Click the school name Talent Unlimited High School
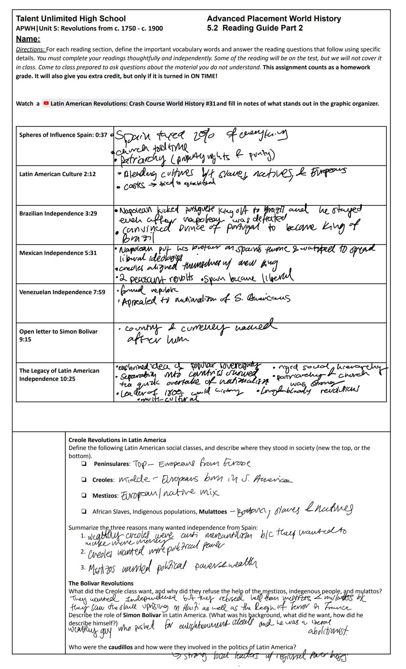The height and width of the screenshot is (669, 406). click(71, 19)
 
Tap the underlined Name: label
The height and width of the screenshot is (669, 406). click(28, 39)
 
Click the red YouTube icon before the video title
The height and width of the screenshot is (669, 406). click(46, 103)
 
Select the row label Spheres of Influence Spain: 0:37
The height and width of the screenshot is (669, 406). click(63, 135)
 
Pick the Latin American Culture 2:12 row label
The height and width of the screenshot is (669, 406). click(58, 174)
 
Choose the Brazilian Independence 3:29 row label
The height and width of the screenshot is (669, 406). click(58, 213)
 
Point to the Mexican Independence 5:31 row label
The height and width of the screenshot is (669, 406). click(58, 253)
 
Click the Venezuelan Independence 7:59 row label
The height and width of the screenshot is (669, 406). click(62, 292)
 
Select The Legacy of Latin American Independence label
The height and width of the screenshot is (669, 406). click(59, 375)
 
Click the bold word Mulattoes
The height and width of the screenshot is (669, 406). click(213, 512)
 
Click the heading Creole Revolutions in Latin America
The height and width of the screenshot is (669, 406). click(117, 440)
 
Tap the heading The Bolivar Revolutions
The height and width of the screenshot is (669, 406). click(101, 583)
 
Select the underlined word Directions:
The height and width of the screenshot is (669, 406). click(30, 49)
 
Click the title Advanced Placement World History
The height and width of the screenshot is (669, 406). click(274, 19)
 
